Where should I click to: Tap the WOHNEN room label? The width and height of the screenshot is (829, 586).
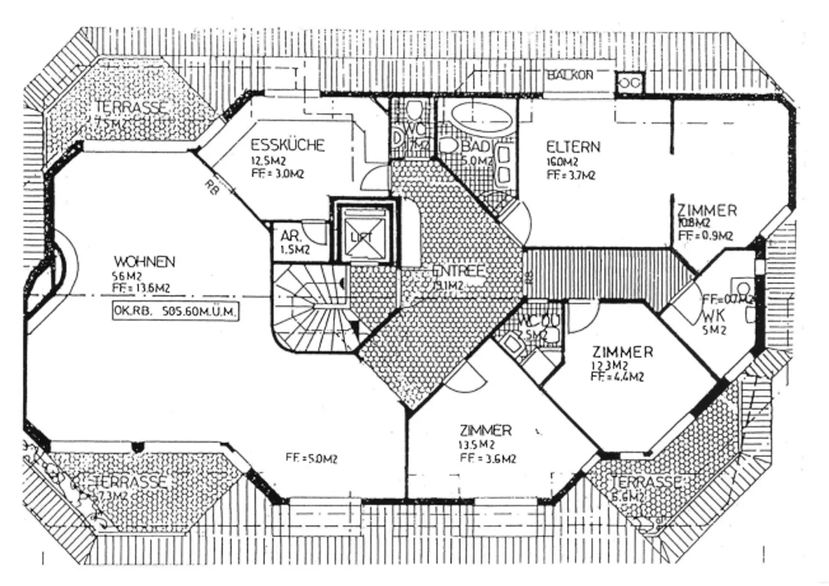click(144, 262)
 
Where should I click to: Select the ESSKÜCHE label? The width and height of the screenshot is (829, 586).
click(288, 144)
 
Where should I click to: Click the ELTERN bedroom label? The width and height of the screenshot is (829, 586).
click(573, 147)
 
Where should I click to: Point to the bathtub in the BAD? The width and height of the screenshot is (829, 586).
click(481, 118)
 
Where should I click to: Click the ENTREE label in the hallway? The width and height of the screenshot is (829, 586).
click(458, 271)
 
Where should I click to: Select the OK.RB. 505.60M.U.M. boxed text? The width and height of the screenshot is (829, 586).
click(175, 311)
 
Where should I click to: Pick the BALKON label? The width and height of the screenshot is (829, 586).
click(569, 75)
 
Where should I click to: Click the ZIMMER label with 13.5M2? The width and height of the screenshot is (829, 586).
click(485, 430)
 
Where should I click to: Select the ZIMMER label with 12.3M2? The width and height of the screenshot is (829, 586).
click(622, 352)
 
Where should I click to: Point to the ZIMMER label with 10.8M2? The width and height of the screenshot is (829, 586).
click(706, 211)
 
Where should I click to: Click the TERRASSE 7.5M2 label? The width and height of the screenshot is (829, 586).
click(131, 108)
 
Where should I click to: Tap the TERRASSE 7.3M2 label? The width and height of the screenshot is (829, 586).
click(131, 482)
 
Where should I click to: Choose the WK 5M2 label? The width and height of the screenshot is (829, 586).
click(714, 317)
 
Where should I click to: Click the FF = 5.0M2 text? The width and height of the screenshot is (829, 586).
click(311, 458)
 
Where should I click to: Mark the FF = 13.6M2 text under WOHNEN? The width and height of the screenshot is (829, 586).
click(141, 288)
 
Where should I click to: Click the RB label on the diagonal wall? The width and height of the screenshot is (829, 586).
click(211, 187)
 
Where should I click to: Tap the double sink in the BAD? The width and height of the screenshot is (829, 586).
click(504, 165)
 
